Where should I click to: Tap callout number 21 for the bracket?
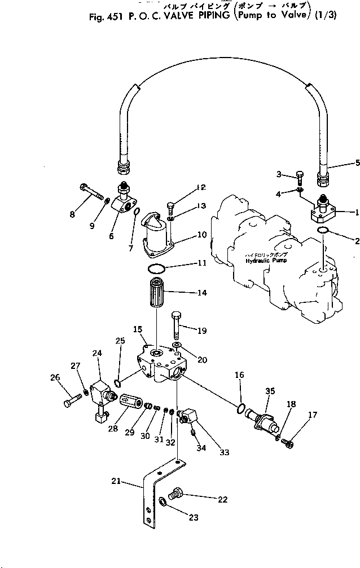116,481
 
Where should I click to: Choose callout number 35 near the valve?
270,390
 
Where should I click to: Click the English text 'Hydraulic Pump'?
266,261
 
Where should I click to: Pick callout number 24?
97,353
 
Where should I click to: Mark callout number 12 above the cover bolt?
186,188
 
